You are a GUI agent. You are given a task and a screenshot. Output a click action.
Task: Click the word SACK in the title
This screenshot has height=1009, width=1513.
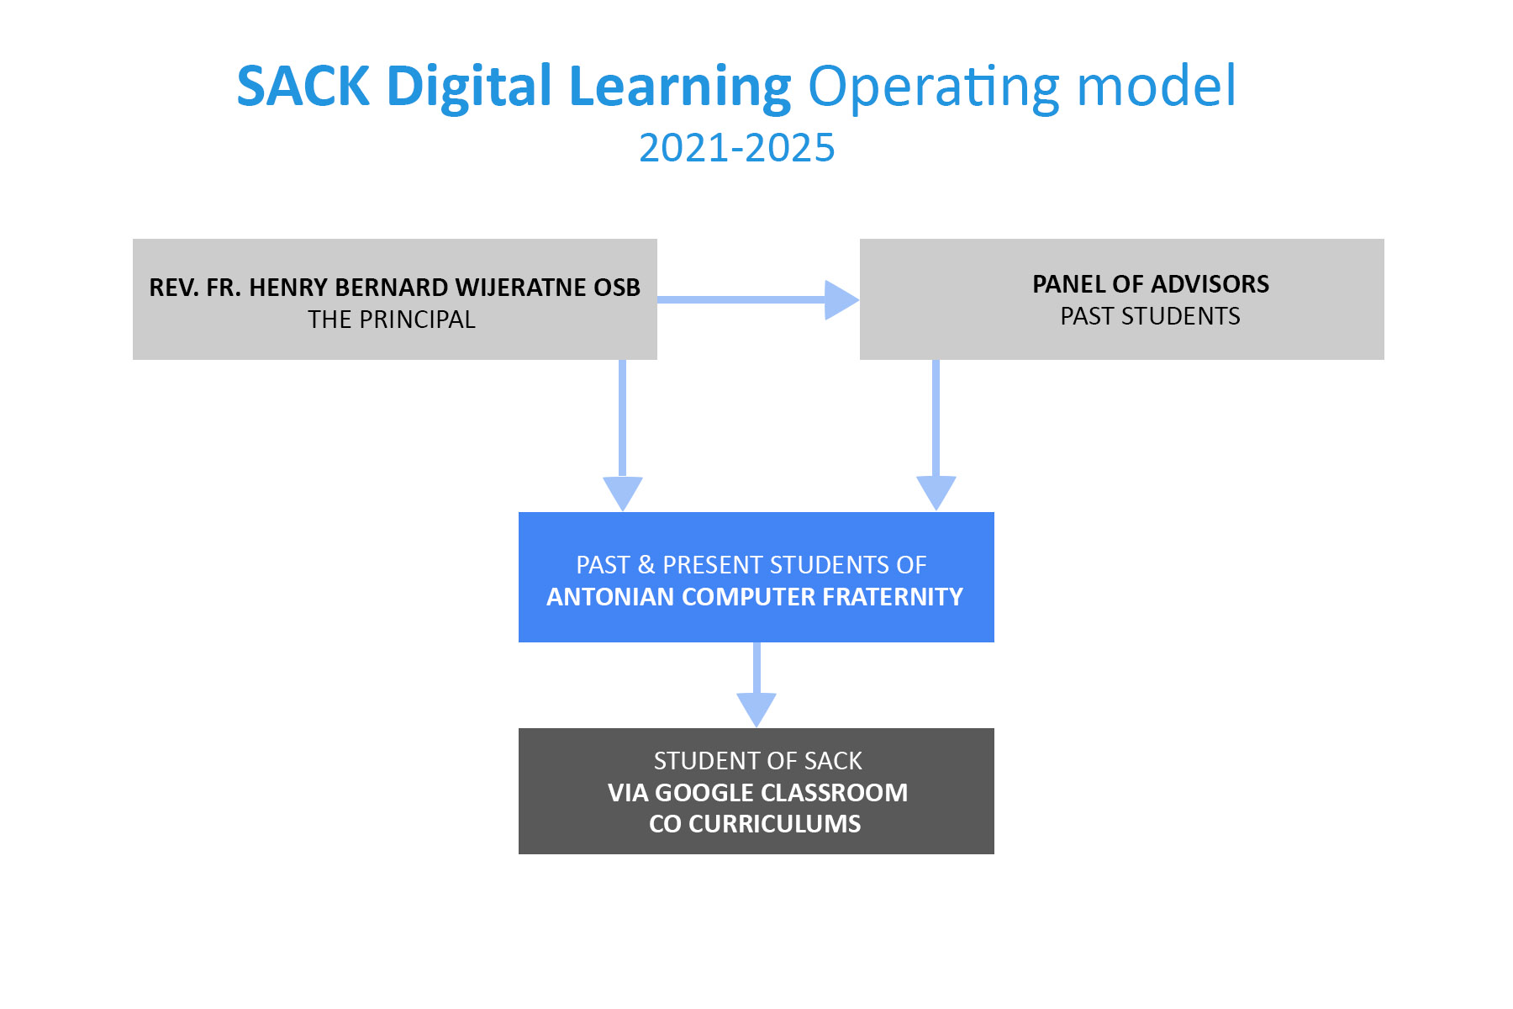click(x=303, y=86)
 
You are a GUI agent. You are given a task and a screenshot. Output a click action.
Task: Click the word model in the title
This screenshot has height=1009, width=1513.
click(x=1157, y=86)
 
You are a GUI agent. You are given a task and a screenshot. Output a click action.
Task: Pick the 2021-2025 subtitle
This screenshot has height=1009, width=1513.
click(x=737, y=148)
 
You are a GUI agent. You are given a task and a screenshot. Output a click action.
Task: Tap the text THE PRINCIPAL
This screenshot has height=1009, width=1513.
click(x=392, y=320)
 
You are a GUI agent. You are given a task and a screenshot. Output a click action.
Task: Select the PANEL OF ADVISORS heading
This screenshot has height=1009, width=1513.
click(x=1151, y=284)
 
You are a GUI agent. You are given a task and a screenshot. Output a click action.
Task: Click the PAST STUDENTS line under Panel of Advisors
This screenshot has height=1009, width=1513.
click(x=1151, y=316)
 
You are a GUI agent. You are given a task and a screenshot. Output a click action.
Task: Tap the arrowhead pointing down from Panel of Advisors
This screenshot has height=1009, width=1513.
click(x=936, y=494)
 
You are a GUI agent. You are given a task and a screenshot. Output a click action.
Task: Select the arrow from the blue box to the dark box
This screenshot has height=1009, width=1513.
click(x=756, y=685)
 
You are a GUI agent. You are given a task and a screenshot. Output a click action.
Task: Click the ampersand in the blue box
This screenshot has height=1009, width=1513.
click(x=646, y=565)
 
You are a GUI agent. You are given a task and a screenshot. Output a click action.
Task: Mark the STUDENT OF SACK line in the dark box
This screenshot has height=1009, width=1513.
click(x=758, y=761)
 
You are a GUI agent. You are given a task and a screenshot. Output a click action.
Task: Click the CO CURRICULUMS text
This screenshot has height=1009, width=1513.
click(x=755, y=824)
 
